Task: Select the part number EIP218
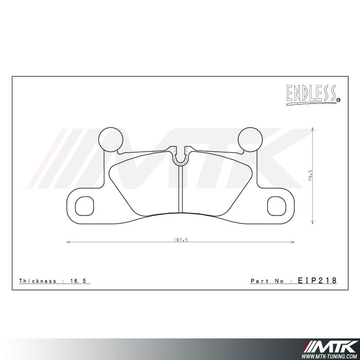click(317, 281)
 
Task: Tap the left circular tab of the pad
click(111, 139)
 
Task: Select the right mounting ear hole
click(276, 205)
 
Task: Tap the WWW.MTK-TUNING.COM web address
click(330, 355)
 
